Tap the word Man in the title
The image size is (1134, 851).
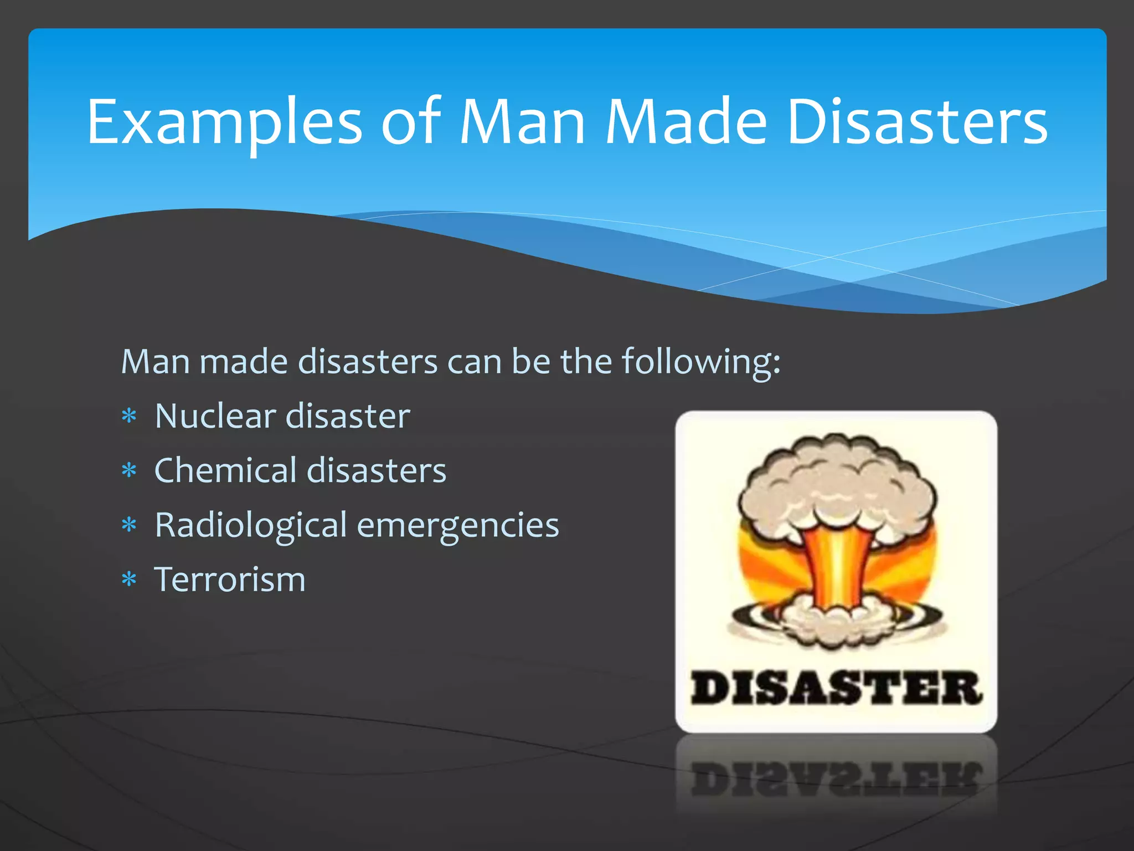click(522, 122)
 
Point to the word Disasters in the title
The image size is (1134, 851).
click(917, 122)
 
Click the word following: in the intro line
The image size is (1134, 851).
click(701, 363)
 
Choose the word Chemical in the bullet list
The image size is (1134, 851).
click(225, 470)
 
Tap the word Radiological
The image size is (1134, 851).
click(251, 525)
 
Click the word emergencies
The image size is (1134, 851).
click(458, 525)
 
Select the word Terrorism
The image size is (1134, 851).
click(230, 580)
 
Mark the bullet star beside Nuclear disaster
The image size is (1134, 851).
click(129, 416)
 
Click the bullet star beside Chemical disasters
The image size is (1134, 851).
click(129, 470)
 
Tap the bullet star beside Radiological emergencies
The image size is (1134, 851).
click(129, 525)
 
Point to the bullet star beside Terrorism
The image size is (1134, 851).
click(129, 580)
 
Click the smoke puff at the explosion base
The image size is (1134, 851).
click(836, 621)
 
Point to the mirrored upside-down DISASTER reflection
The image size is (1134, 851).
click(836, 778)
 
